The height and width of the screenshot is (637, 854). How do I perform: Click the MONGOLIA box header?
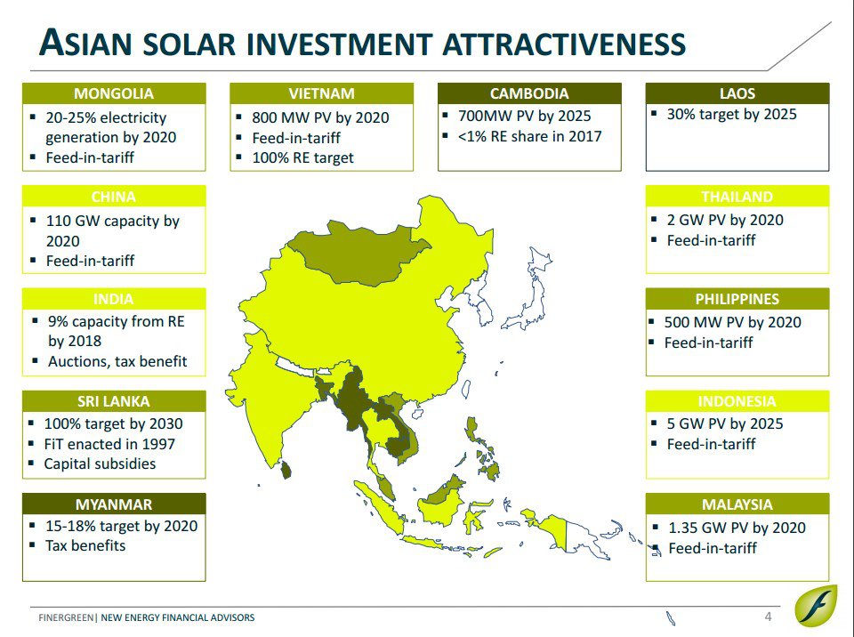(x=114, y=93)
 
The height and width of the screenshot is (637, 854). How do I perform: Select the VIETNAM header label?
(x=321, y=93)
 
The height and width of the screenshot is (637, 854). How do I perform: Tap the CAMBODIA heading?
(x=529, y=93)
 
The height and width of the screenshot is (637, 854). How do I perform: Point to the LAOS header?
(x=737, y=93)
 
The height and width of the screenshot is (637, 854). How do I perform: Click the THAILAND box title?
(x=737, y=196)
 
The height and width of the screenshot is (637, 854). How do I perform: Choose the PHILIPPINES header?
(x=737, y=299)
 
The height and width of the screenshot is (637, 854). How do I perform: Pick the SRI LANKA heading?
(x=114, y=401)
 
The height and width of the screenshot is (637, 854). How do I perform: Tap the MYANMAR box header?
(x=114, y=504)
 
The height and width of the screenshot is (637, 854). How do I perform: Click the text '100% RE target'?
(x=302, y=158)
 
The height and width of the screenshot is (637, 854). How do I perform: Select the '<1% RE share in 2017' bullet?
(x=530, y=136)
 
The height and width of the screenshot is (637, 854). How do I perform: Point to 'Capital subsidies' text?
(x=100, y=464)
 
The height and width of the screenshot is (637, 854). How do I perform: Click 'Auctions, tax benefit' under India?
(x=117, y=361)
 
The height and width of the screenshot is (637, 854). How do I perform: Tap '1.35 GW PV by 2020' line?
(x=737, y=528)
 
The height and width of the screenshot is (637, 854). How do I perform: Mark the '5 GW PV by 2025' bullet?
(x=725, y=423)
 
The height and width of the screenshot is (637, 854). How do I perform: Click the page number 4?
(x=768, y=617)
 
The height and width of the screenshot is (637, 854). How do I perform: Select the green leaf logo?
(x=816, y=607)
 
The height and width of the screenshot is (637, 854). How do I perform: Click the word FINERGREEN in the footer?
(x=66, y=617)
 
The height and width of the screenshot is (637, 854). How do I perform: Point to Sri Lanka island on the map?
(x=285, y=469)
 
